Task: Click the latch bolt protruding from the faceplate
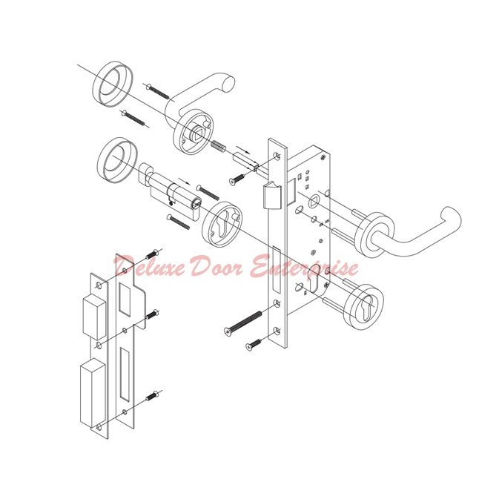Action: (x=271, y=196)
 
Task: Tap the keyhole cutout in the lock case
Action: (x=320, y=285)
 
